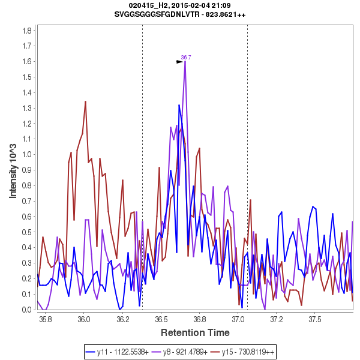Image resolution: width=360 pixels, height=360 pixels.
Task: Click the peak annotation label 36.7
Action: pos(186,58)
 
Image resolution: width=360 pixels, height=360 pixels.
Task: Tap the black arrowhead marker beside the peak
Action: pos(179,61)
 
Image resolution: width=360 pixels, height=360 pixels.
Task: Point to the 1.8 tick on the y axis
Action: pos(27,30)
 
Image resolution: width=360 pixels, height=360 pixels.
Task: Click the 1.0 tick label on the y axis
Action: pos(27,154)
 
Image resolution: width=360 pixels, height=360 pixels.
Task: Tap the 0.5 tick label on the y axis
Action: pos(27,232)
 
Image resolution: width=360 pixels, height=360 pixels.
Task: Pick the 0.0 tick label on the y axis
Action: pos(27,310)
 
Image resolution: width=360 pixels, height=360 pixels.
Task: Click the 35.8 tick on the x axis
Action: pos(45,320)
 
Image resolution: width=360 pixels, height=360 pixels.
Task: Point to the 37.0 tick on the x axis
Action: pos(238,320)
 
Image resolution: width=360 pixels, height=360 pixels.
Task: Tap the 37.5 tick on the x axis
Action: pos(316,320)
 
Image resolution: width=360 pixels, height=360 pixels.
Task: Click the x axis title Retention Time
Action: pos(194,332)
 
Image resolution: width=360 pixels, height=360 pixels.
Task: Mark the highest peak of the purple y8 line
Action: pos(185,61)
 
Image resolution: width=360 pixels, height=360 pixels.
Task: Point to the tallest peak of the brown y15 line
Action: pos(85,101)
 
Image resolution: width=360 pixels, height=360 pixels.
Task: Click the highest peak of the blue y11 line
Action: pos(179,106)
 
